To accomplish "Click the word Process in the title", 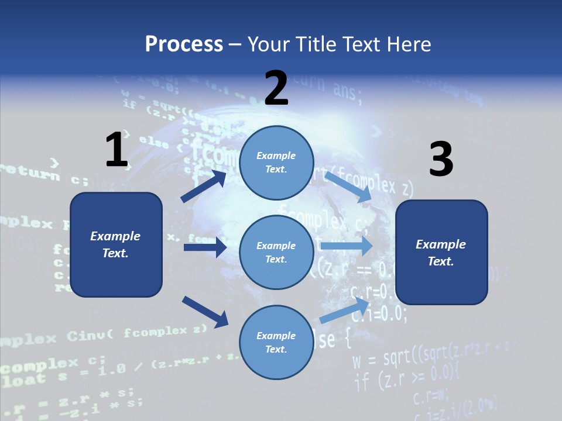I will tap(184, 44).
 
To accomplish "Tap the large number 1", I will tap(116, 150).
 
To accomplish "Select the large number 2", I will tap(276, 88).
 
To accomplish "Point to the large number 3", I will tap(441, 160).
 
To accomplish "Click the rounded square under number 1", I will tap(116, 244).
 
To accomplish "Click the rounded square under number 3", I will tap(441, 252).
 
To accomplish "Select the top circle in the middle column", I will tap(276, 163).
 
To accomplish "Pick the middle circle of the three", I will tap(276, 252).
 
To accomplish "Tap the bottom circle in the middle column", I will tap(276, 342).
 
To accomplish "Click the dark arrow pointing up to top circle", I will tap(204, 187).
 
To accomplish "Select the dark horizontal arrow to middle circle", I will tap(205, 247).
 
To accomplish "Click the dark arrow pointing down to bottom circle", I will tap(205, 312).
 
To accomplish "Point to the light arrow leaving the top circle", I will tap(349, 187).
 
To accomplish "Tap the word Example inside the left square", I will tap(115, 236).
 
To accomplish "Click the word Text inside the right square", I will tap(441, 261).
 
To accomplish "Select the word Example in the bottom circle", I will tap(276, 336).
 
